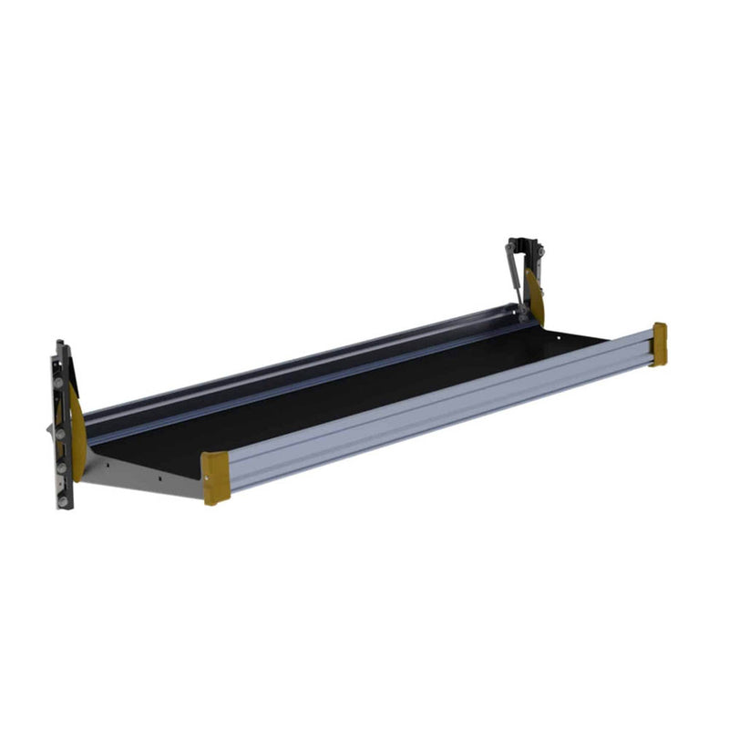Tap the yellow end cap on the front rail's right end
pos(659,344)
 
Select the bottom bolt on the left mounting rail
pos(62,500)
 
